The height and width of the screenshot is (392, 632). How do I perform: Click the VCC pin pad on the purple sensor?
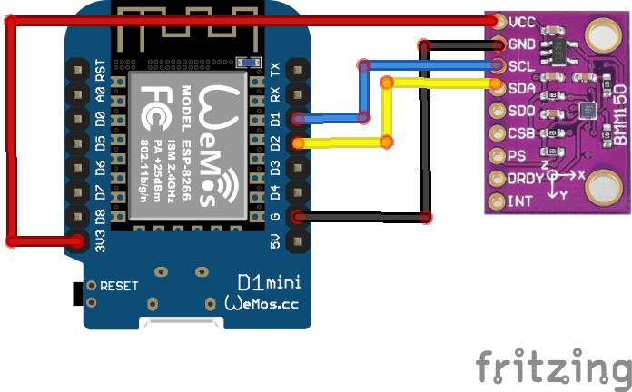coord(497,21)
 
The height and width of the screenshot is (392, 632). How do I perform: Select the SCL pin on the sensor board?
coord(497,65)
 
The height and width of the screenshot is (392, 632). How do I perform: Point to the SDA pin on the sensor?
coord(497,88)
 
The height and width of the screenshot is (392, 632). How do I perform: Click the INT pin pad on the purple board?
coord(497,201)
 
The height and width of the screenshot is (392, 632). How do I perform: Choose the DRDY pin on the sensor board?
coord(497,178)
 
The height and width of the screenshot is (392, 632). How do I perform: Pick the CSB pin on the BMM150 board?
coord(497,132)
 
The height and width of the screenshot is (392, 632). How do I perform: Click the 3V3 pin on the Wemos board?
coord(77,241)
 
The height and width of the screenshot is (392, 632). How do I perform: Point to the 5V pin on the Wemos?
coord(296,241)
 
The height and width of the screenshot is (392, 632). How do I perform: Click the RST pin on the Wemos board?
coord(77,68)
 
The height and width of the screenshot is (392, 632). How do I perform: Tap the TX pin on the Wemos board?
coord(296,68)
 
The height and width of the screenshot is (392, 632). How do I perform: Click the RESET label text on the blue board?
coord(119,286)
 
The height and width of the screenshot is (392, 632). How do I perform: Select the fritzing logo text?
coord(552,367)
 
